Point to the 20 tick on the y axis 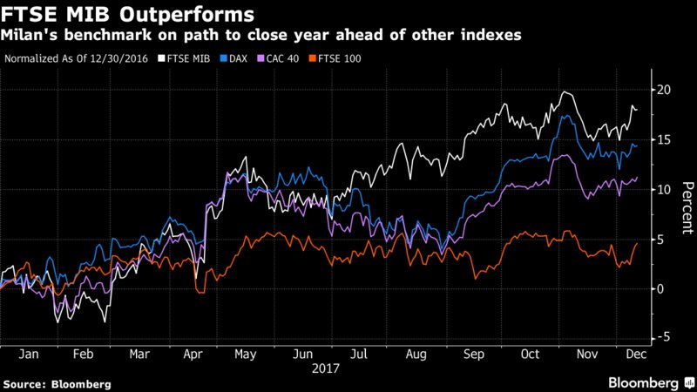tap(663, 90)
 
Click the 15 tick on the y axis tap(663, 139)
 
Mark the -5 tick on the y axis tap(663, 337)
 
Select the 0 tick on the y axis tap(663, 288)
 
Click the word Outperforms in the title tap(179, 15)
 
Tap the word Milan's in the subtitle tap(27, 35)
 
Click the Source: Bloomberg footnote tap(51, 383)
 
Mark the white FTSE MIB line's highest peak tap(567, 91)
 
